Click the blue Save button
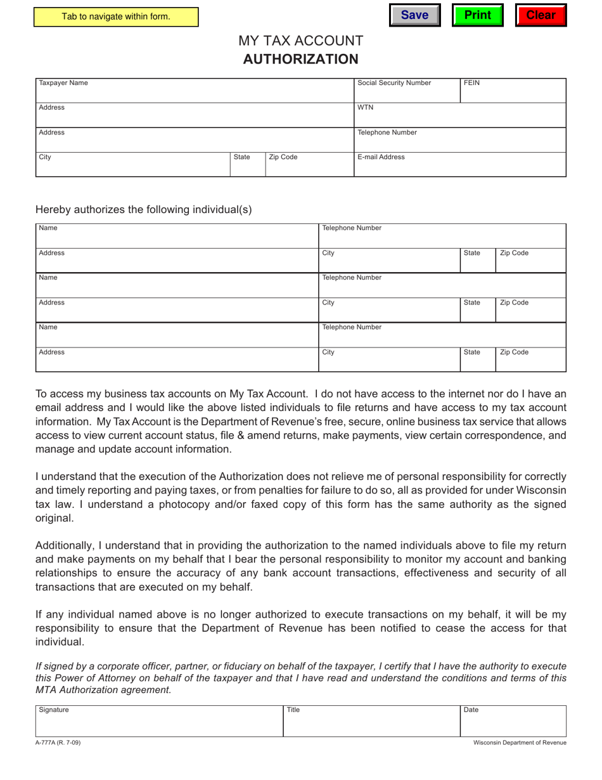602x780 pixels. pos(414,15)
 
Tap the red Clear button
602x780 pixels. pos(541,15)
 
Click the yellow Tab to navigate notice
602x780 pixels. pos(116,16)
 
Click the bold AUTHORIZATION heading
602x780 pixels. pos(300,59)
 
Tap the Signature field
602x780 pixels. pos(159,722)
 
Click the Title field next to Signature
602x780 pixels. pos(371,722)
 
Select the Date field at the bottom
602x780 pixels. pos(513,722)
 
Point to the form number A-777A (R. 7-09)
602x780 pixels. pos(58,743)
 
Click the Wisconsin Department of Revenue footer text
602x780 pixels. pos(520,743)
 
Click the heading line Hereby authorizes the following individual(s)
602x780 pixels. pos(143,210)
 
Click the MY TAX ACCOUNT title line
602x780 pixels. pos(300,41)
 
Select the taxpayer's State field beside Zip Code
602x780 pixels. pos(247,166)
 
